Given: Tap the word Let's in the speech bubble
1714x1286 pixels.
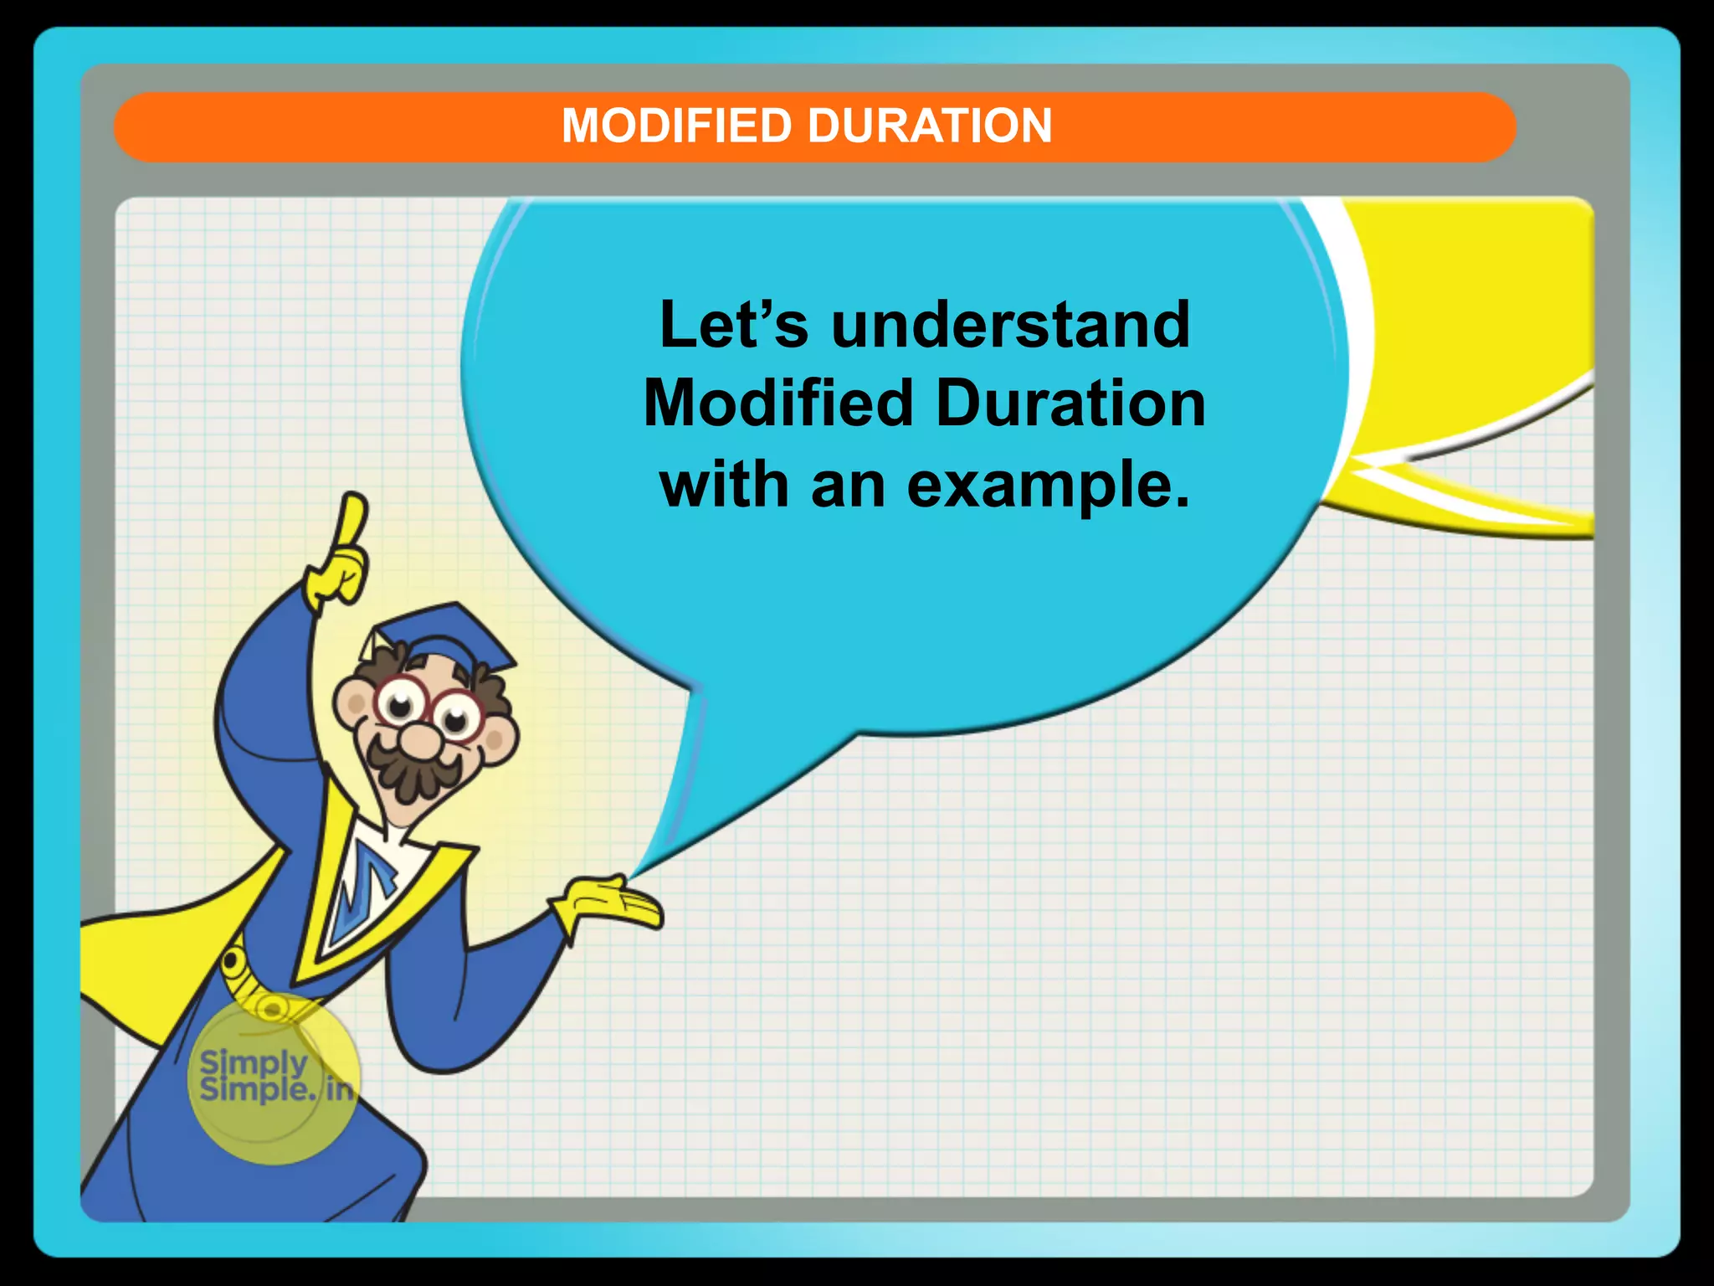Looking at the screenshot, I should point(733,325).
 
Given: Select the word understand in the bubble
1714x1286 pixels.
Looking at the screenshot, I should point(1010,325).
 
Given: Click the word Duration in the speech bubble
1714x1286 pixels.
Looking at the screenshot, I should point(1070,404).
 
